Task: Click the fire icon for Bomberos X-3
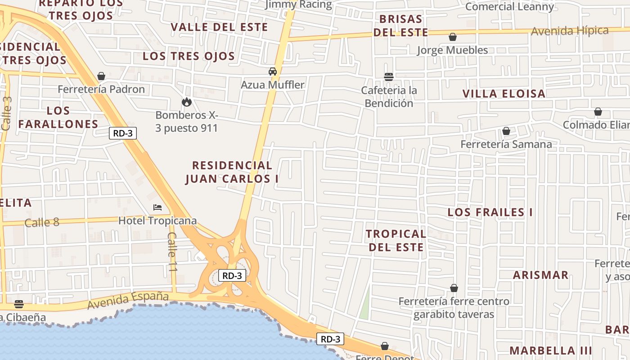187,102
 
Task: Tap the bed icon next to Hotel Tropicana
157,207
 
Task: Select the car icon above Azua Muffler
273,72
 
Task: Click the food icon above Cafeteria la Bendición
389,77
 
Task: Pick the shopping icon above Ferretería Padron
101,76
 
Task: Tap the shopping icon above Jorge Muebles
452,37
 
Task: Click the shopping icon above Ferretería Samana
506,131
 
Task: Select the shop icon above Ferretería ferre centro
454,288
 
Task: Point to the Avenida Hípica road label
570,31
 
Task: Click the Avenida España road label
128,300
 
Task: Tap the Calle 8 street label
42,222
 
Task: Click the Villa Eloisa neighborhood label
504,94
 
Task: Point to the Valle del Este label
220,27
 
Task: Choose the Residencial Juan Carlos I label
232,172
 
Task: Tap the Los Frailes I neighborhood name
490,212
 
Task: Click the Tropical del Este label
396,240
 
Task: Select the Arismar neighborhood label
540,275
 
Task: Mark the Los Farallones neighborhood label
58,117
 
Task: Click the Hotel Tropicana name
157,221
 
